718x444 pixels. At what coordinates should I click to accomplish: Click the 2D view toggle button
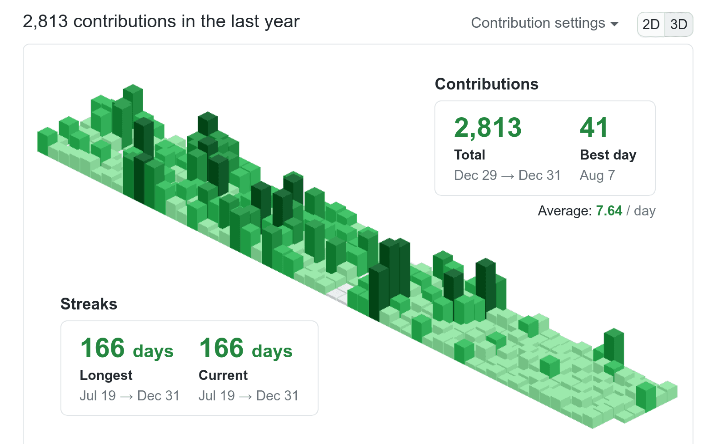tap(651, 24)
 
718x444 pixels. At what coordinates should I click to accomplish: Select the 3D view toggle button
tap(678, 24)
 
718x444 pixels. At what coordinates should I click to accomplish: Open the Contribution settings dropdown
tap(544, 23)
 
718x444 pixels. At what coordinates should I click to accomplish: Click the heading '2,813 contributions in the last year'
tap(161, 21)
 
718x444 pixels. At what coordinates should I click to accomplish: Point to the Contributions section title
tap(486, 84)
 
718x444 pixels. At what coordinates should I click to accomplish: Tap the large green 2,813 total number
tap(488, 128)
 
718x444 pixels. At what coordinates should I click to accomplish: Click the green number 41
tap(593, 128)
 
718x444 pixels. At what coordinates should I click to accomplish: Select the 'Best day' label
tap(608, 155)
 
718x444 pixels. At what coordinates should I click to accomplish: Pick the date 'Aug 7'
tap(597, 175)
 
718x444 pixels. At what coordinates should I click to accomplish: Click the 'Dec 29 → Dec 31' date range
tap(507, 175)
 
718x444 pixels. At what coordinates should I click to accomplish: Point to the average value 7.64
tap(609, 211)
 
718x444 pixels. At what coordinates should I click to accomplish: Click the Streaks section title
tap(89, 304)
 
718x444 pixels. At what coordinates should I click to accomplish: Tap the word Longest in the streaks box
tap(106, 375)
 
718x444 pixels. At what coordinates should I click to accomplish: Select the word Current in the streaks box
tap(223, 375)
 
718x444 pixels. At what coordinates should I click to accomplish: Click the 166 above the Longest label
tap(103, 349)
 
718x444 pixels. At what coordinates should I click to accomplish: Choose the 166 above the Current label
tap(222, 349)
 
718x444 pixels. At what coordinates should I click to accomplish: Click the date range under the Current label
tap(248, 396)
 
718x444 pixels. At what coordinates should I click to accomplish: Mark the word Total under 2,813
tap(469, 155)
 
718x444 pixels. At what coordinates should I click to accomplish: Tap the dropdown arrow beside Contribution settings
tap(614, 24)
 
